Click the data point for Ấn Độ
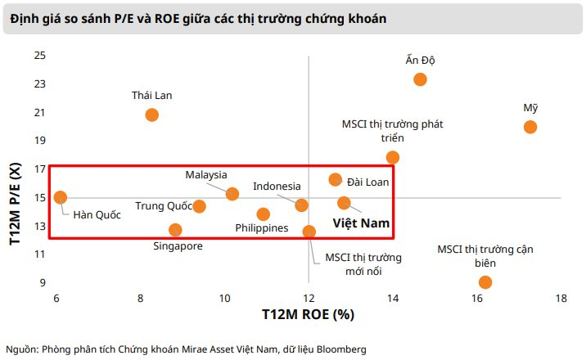tap(420, 79)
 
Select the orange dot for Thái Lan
tap(151, 115)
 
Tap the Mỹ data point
tap(530, 127)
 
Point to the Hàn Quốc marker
tap(60, 197)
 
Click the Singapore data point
tap(175, 230)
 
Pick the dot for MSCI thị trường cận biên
tap(485, 282)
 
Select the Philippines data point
tap(263, 214)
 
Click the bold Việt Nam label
tap(360, 222)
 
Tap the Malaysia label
tap(206, 175)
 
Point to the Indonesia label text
tap(277, 187)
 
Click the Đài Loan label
tap(367, 182)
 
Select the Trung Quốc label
tap(163, 206)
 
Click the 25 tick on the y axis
tap(39, 55)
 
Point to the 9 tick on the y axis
tap(42, 282)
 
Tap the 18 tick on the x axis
tap(561, 297)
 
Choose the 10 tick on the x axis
tap(224, 297)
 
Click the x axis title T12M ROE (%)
tap(308, 314)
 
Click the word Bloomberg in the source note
tap(341, 349)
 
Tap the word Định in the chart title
tap(27, 17)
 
